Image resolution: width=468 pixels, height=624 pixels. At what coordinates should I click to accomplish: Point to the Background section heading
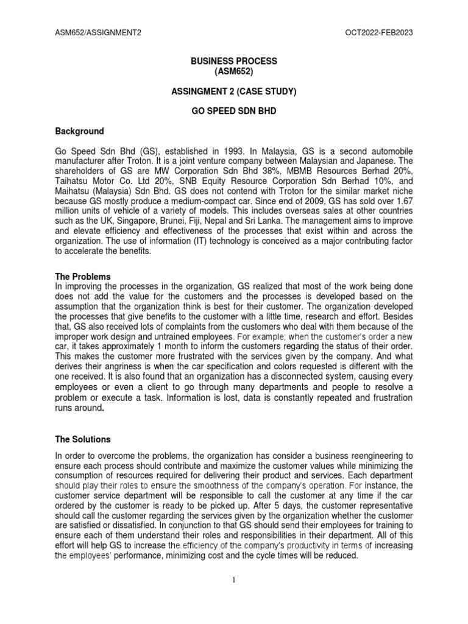[x=79, y=131]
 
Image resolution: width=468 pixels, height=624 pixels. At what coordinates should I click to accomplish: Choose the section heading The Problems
[x=83, y=277]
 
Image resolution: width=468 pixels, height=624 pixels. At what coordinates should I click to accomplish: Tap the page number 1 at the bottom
[x=234, y=580]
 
